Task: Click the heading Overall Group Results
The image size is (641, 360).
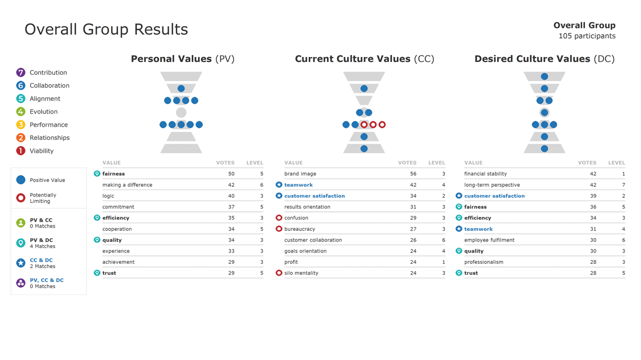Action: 106,29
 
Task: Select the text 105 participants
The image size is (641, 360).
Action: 587,36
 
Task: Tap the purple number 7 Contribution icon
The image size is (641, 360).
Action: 21,73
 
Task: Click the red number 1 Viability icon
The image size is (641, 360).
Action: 21,151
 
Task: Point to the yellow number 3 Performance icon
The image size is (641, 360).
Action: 21,124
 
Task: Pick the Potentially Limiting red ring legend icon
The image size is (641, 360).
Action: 21,198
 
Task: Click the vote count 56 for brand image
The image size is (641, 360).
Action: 412,174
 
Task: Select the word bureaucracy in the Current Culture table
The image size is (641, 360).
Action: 300,229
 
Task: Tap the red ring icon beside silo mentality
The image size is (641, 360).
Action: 279,273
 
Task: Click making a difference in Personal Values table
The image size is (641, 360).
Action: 127,185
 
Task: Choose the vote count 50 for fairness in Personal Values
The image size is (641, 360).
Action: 231,174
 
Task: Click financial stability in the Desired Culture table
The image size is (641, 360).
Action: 485,174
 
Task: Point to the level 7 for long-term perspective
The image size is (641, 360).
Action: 623,185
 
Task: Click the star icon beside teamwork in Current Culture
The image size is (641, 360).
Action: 279,185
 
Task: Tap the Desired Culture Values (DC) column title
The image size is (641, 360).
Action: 544,59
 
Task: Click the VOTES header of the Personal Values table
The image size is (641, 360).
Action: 225,162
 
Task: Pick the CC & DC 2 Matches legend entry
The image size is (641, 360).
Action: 41,263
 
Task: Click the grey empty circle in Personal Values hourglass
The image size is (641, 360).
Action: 181,112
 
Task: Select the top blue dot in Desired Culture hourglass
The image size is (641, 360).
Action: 544,76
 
